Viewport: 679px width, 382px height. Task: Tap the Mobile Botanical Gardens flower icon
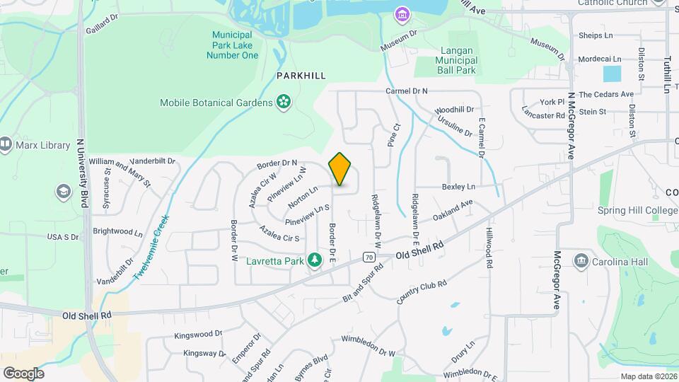click(284, 103)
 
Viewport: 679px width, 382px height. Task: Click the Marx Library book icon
click(6, 146)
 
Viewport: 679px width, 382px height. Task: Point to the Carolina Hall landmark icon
click(581, 260)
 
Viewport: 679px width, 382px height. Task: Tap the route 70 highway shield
click(368, 257)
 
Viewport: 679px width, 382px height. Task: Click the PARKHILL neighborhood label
click(301, 75)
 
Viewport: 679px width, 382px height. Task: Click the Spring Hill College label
click(637, 210)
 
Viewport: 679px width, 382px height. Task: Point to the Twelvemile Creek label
click(150, 248)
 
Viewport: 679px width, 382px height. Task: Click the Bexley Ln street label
click(458, 187)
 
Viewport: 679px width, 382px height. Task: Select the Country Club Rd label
click(422, 294)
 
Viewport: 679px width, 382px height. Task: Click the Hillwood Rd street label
click(489, 248)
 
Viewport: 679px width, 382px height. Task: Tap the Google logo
click(23, 373)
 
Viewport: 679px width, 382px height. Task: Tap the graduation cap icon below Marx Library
click(64, 192)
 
